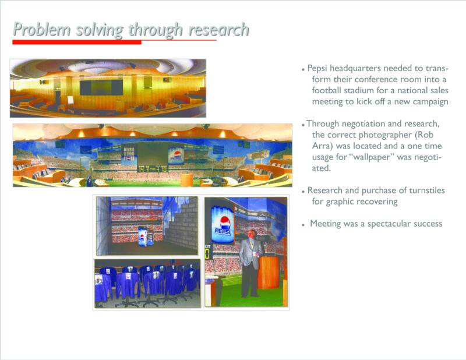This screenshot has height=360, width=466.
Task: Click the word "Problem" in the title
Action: [42, 30]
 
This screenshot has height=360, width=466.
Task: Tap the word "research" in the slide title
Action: [218, 30]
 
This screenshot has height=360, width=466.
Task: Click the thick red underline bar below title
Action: [77, 42]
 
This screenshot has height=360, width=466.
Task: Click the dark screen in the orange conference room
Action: [101, 87]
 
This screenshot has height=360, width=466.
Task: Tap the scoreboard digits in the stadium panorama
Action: [153, 169]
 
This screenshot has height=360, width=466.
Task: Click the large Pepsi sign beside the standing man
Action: [223, 224]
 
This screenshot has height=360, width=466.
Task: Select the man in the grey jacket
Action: [250, 263]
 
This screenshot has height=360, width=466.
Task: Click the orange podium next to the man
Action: [269, 272]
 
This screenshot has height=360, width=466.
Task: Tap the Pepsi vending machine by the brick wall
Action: [143, 237]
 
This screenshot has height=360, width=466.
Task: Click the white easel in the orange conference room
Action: [70, 100]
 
